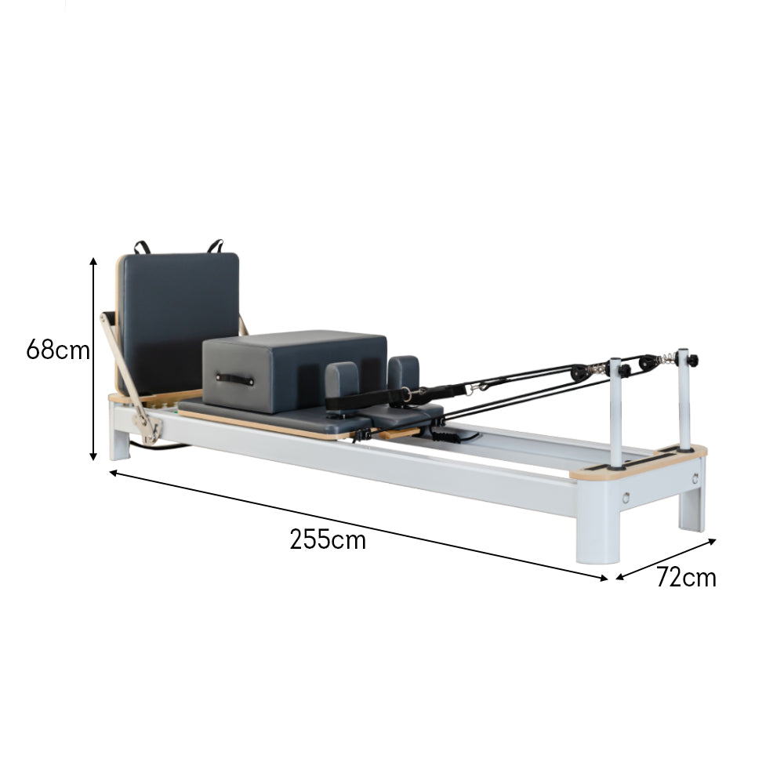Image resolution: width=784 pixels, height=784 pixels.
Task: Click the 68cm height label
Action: point(58,350)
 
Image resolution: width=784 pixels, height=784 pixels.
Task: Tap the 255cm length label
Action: point(328,540)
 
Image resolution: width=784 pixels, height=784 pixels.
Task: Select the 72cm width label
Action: point(686,577)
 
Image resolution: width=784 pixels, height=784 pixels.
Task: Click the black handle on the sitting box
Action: point(234,379)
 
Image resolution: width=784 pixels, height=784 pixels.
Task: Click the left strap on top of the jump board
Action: point(142,247)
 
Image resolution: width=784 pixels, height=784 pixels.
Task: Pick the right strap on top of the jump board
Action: point(216,245)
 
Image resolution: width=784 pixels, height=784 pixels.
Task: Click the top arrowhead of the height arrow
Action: point(93,261)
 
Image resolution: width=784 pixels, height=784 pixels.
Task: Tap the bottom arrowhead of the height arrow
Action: point(93,456)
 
